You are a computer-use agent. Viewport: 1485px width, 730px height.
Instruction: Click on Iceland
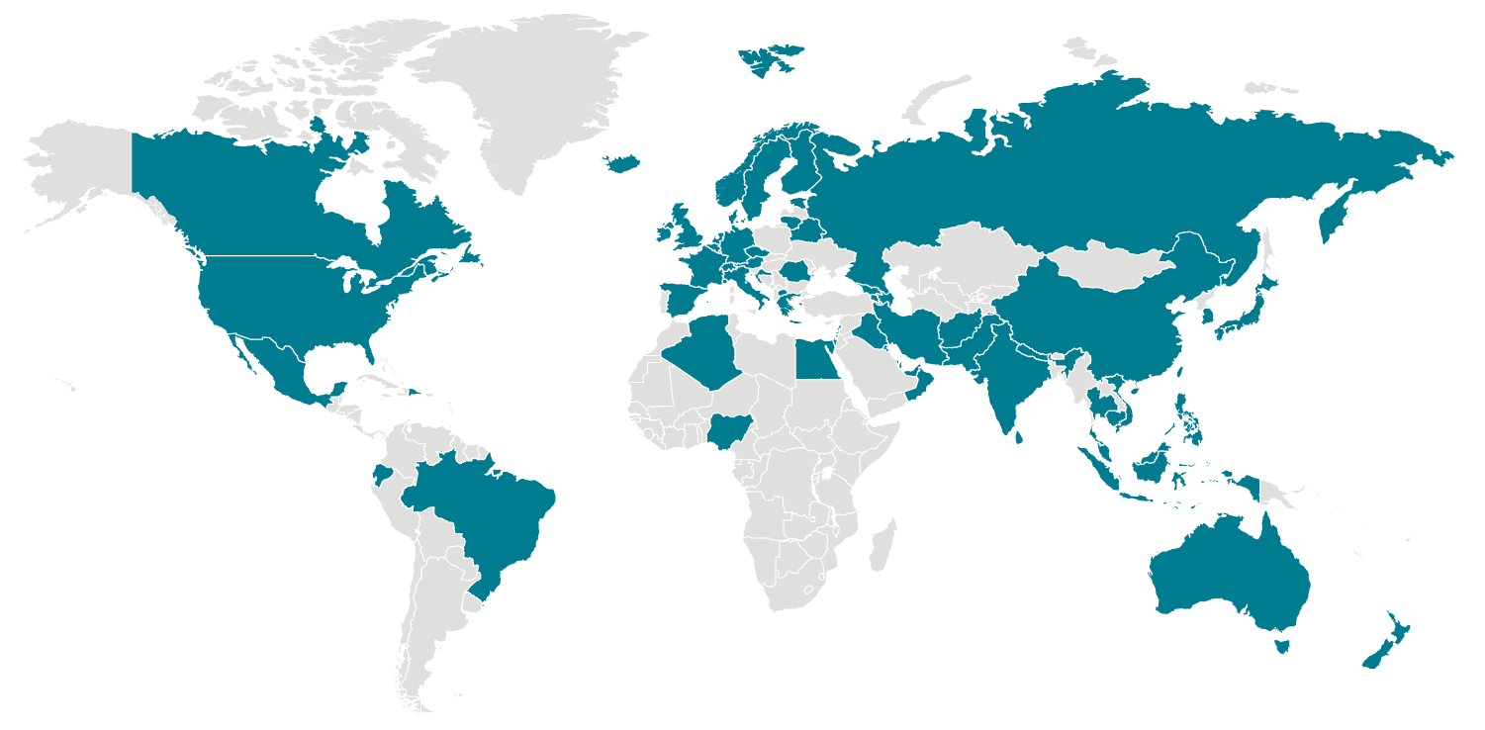coord(621,162)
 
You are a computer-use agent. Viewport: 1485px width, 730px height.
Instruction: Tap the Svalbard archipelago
coord(767,59)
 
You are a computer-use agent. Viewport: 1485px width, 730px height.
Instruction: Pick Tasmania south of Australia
coord(1282,647)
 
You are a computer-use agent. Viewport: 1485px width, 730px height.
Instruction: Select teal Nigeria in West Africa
coord(729,429)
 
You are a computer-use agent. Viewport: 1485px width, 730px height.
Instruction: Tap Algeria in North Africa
coord(705,352)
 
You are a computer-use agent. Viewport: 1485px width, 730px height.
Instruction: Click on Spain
coord(682,298)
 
